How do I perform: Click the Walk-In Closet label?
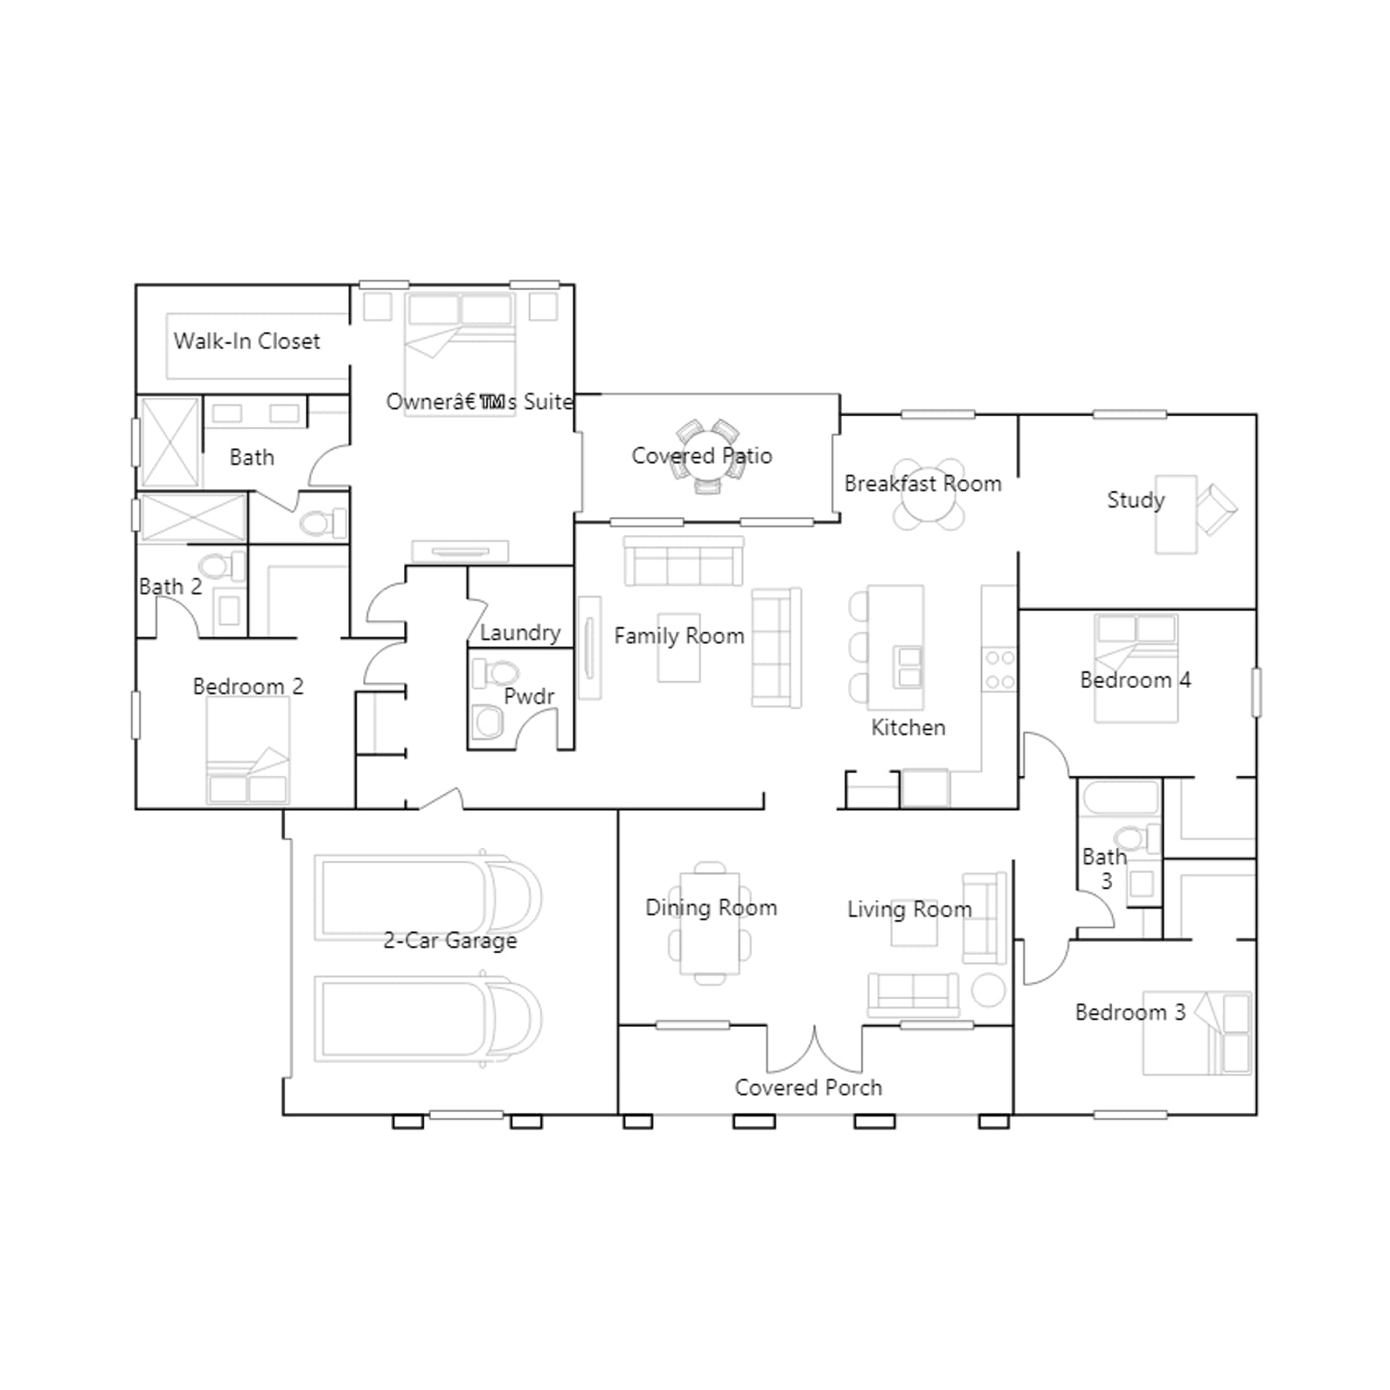click(247, 341)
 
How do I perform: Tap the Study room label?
click(1135, 500)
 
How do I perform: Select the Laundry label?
click(520, 633)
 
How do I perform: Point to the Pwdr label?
click(529, 696)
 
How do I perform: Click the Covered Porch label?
click(808, 1088)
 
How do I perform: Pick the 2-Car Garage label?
click(450, 941)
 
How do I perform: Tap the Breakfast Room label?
click(923, 484)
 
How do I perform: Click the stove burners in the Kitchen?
click(999, 670)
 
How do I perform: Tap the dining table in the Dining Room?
click(710, 923)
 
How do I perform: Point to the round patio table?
click(708, 457)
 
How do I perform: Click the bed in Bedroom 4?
click(1136, 668)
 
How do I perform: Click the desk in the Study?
click(1175, 514)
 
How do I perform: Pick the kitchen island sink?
click(910, 666)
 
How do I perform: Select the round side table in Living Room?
click(988, 990)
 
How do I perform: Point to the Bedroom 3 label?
click(1130, 1012)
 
